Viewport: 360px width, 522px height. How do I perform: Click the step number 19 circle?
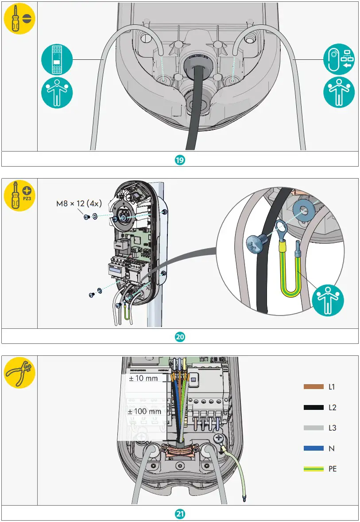coord(180,160)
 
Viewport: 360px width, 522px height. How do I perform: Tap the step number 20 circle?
coord(180,337)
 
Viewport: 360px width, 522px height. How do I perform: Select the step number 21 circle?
coord(180,514)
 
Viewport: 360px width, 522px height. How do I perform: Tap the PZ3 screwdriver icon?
coord(19,195)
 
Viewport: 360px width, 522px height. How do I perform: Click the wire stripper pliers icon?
coord(19,372)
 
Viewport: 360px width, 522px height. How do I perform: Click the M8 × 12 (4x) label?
coord(79,204)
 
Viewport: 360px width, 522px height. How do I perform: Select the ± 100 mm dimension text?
coord(144,411)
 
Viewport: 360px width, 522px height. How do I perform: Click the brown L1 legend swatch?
coord(314,387)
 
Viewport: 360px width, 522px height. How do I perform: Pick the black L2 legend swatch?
coord(314,408)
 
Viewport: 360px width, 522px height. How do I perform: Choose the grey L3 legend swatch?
coord(314,428)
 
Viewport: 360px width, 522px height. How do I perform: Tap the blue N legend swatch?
coord(314,448)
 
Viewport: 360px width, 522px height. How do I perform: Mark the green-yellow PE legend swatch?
coord(314,469)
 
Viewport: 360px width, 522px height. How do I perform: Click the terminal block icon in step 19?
coord(57,59)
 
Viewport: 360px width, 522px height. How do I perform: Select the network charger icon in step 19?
coord(339,59)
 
